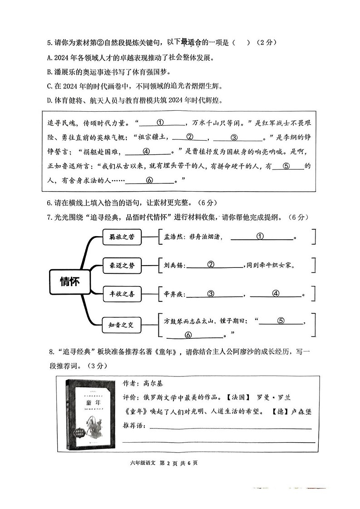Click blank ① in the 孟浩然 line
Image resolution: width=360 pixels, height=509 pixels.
tap(260, 236)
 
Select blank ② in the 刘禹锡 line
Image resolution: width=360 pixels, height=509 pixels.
tap(211, 264)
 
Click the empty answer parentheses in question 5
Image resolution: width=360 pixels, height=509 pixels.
tap(241, 43)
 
